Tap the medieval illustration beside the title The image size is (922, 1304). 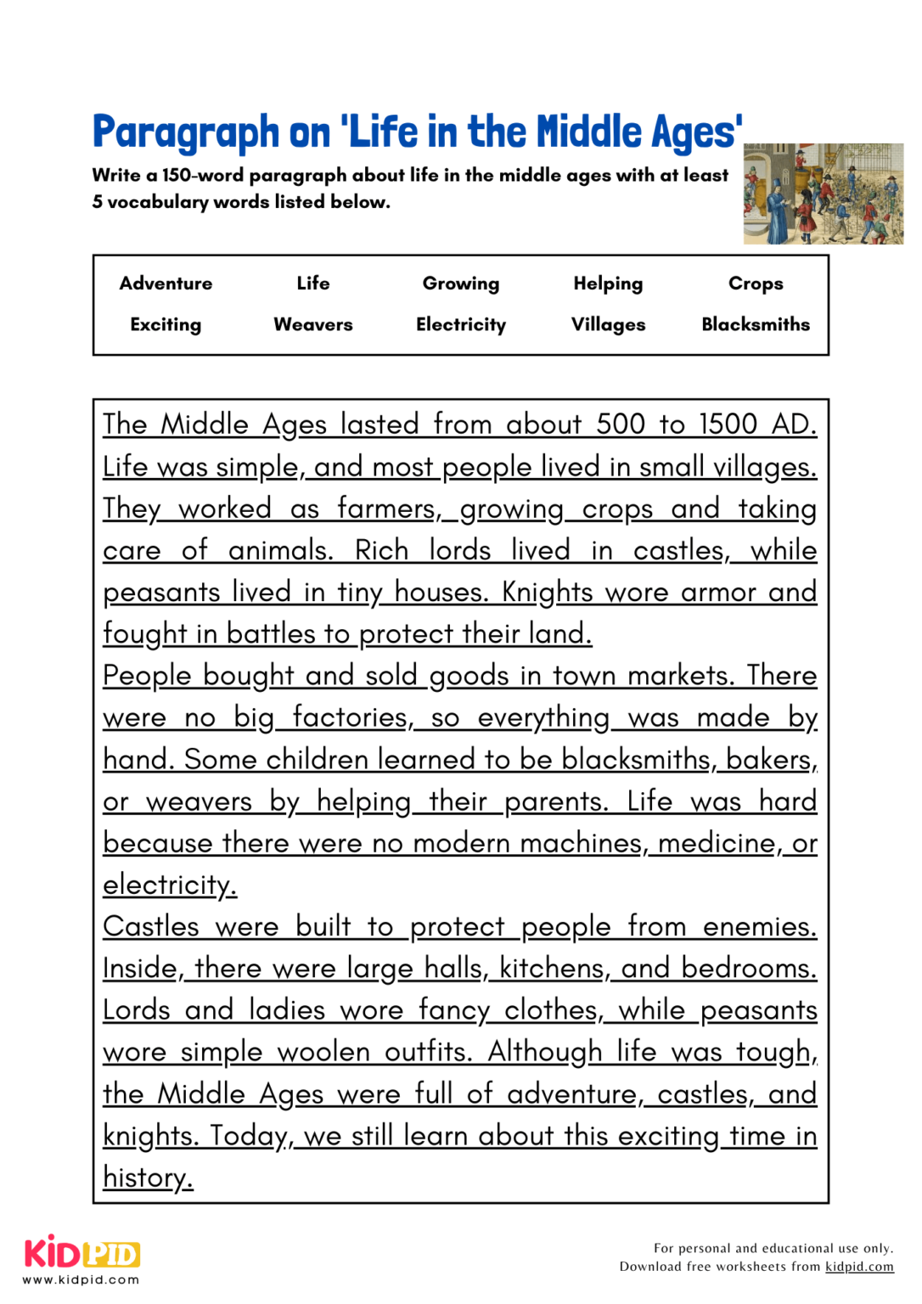[x=823, y=194]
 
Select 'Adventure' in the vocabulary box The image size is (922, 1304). [x=166, y=284]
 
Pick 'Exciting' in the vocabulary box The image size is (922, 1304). [x=166, y=324]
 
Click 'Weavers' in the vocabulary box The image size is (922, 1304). [x=312, y=324]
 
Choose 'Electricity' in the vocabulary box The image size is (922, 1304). [x=460, y=324]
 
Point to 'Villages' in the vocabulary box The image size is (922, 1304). [x=608, y=324]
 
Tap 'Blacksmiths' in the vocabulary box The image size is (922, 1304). [x=755, y=324]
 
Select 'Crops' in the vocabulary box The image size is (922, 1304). [x=755, y=284]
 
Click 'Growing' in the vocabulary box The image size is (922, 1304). [x=460, y=284]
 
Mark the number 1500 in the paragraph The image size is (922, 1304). [x=728, y=424]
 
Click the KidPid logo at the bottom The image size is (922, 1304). [x=82, y=1255]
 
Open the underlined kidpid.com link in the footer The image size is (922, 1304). [x=859, y=1267]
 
